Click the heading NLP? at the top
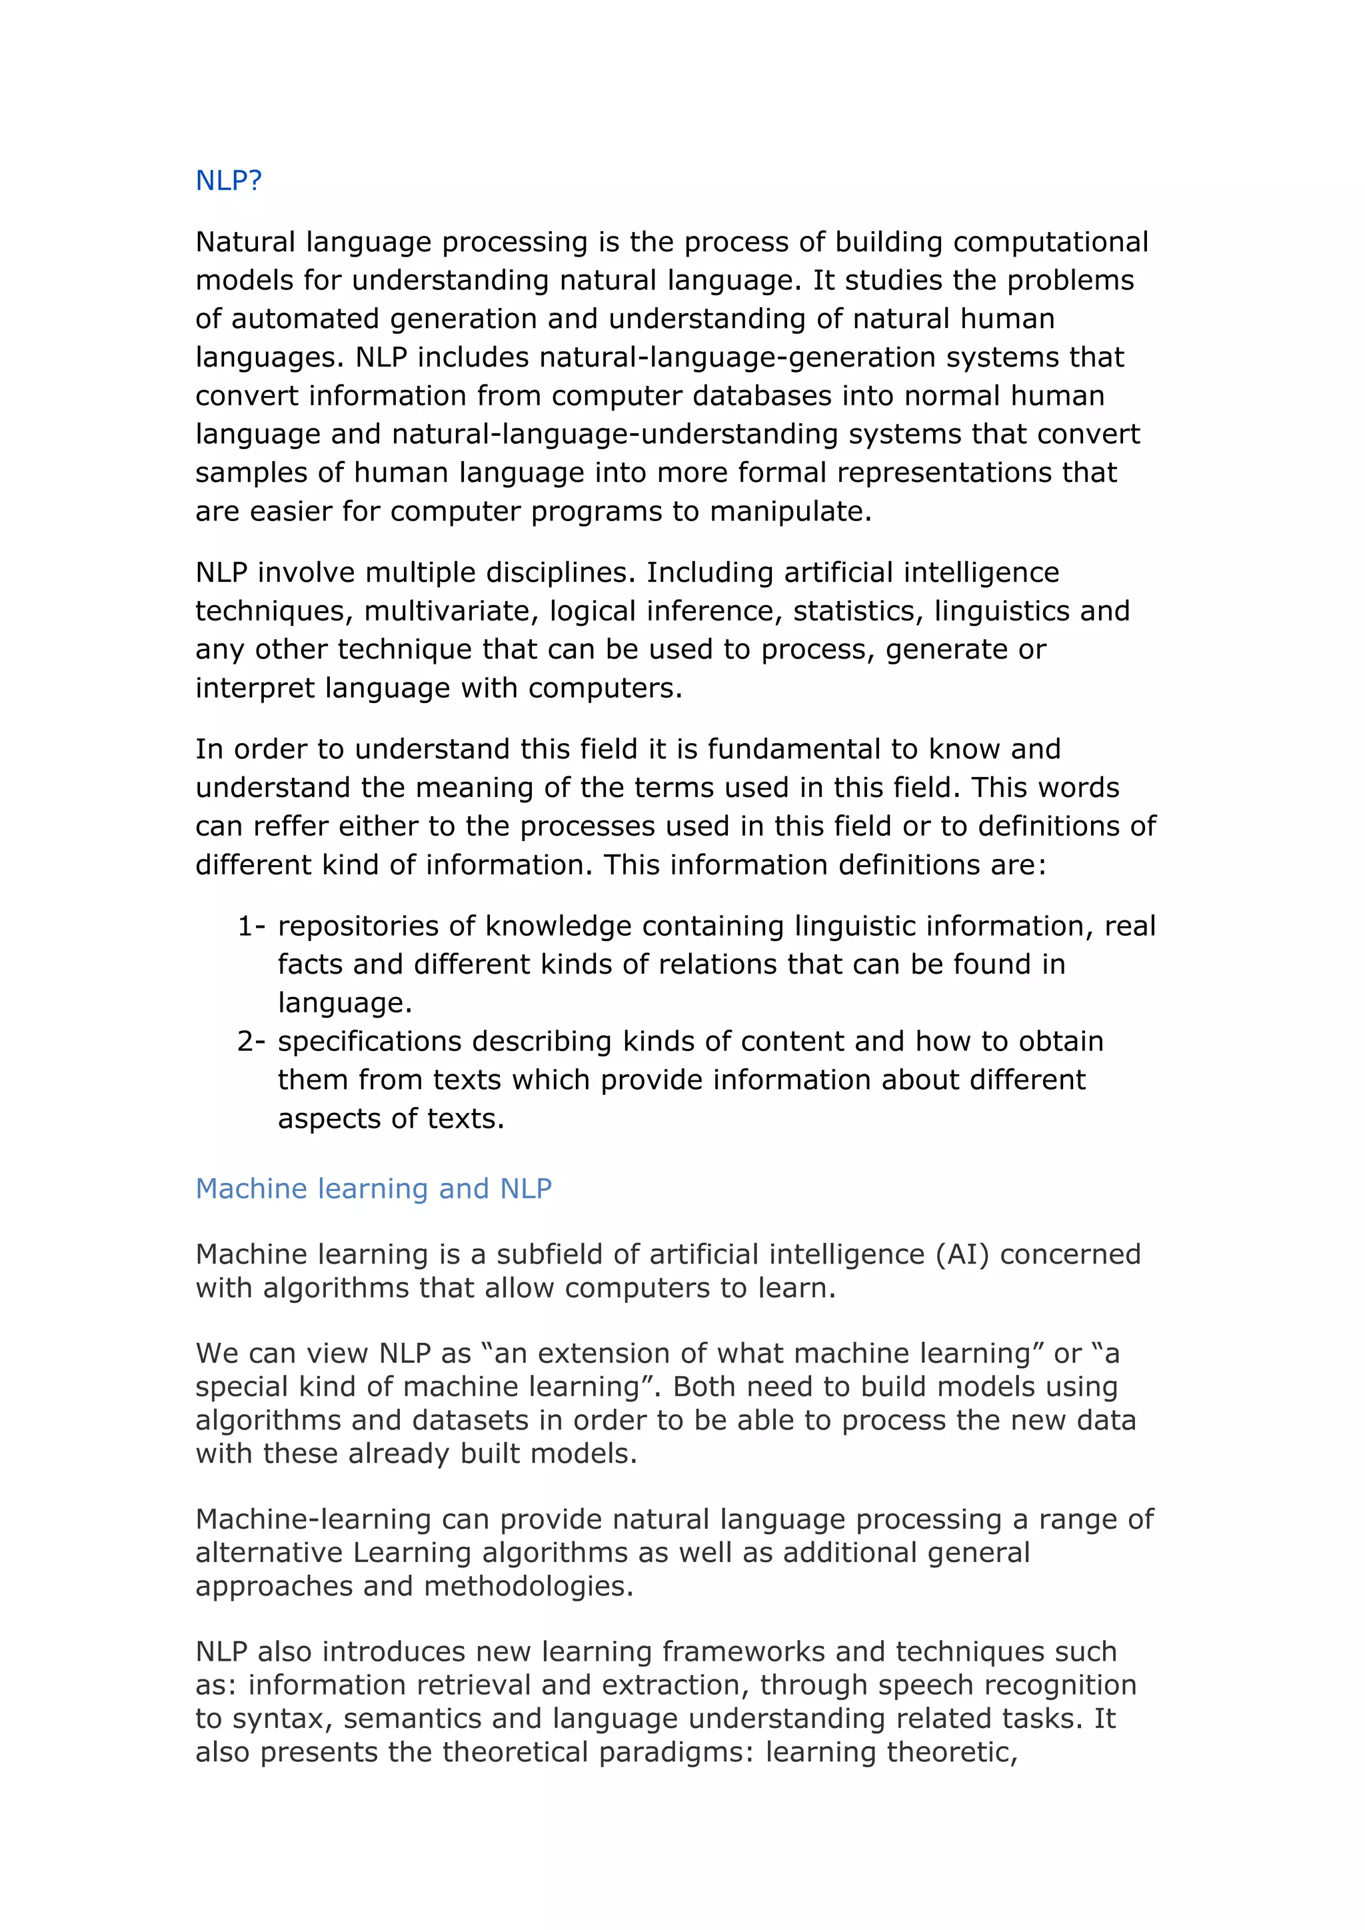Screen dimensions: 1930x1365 tap(229, 180)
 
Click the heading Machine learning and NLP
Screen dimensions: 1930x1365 tap(373, 1189)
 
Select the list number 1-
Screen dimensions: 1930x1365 tap(251, 926)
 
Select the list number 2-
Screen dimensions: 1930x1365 tap(251, 1042)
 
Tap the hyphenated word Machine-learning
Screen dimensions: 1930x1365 tap(312, 1519)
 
